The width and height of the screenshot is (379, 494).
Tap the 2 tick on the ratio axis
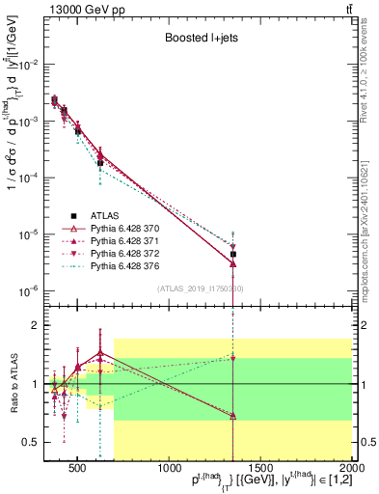click(39, 325)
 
